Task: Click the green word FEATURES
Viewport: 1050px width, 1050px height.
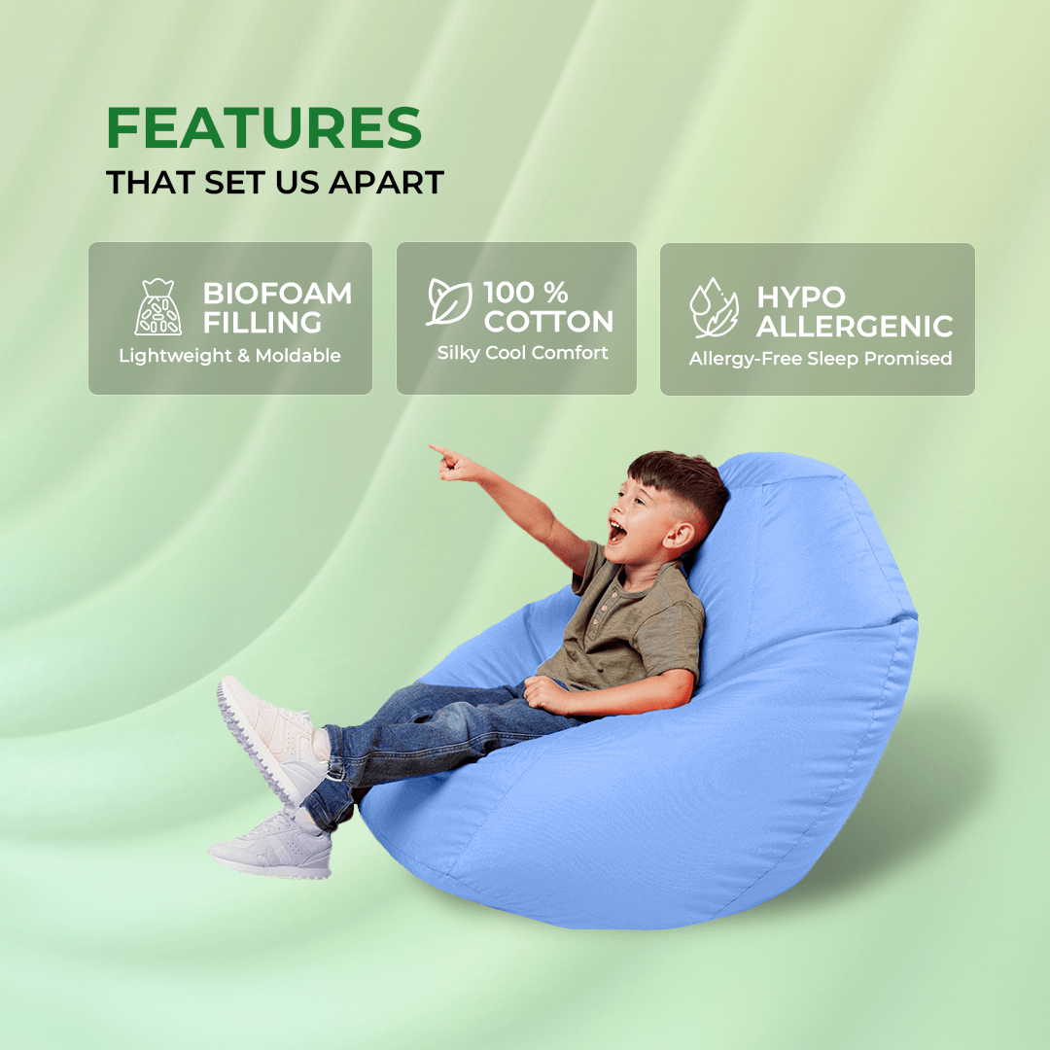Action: [x=264, y=127]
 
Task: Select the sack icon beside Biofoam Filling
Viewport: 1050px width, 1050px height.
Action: [x=157, y=307]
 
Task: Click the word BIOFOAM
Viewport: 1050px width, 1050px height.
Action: [x=277, y=293]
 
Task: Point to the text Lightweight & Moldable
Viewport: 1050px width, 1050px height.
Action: [x=229, y=356]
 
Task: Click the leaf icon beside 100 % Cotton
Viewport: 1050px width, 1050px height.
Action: [x=449, y=301]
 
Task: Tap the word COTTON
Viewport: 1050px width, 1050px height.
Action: [x=548, y=322]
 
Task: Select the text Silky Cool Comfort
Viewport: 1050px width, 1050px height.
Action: [x=522, y=353]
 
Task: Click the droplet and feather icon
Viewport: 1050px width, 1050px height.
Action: [x=714, y=309]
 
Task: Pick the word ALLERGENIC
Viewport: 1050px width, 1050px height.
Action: [x=855, y=326]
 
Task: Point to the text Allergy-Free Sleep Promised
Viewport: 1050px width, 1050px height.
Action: [x=820, y=359]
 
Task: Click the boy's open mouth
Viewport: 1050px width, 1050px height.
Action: [x=616, y=531]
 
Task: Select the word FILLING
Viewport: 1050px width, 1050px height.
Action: [x=262, y=323]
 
